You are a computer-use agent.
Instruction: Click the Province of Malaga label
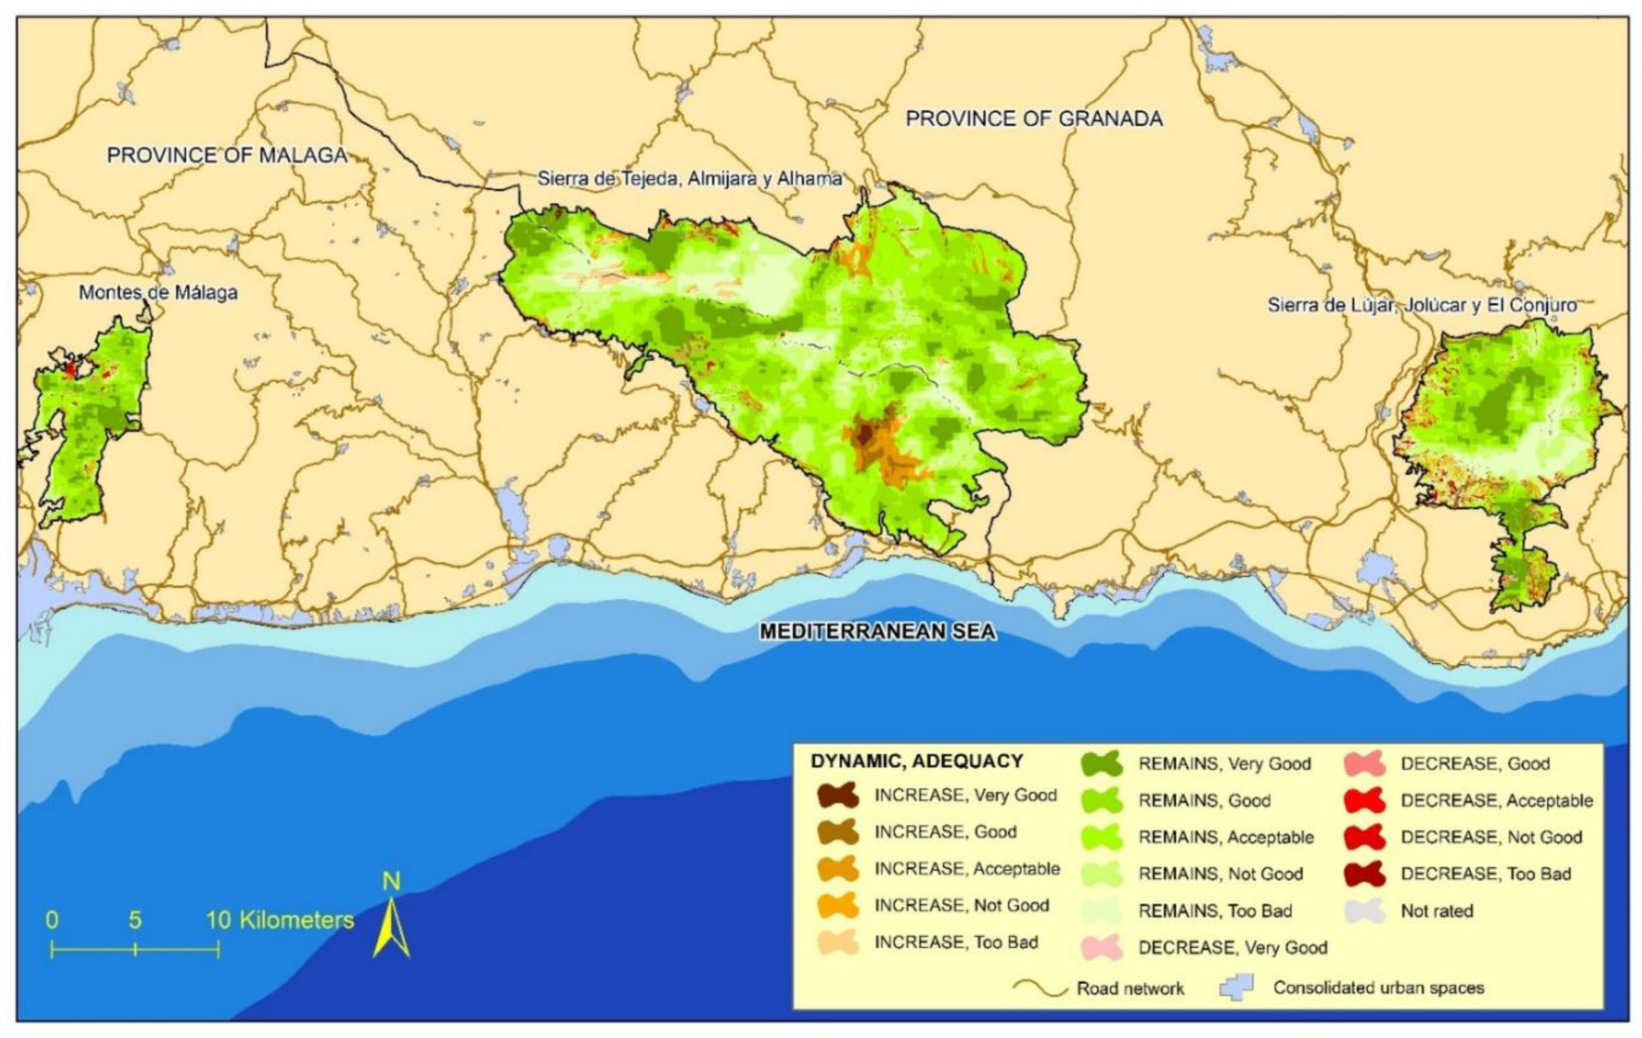point(227,156)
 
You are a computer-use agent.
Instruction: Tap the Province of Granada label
point(1034,119)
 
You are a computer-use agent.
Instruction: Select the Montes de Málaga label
point(158,293)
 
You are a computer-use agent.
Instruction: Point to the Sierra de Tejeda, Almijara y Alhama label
point(689,179)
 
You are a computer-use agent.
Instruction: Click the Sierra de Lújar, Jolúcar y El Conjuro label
point(1422,305)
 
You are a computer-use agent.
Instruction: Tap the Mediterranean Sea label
point(878,632)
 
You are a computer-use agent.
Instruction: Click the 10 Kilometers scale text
point(280,921)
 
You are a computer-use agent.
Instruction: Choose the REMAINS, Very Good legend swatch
point(1102,764)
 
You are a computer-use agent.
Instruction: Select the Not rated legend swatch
point(1365,911)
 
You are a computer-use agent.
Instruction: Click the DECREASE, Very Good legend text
point(1233,948)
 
